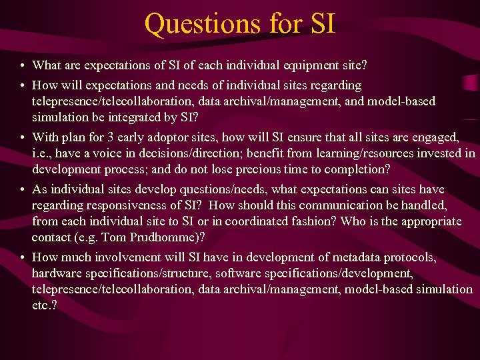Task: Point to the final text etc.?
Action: click(x=45, y=305)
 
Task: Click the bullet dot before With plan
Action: click(x=23, y=138)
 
